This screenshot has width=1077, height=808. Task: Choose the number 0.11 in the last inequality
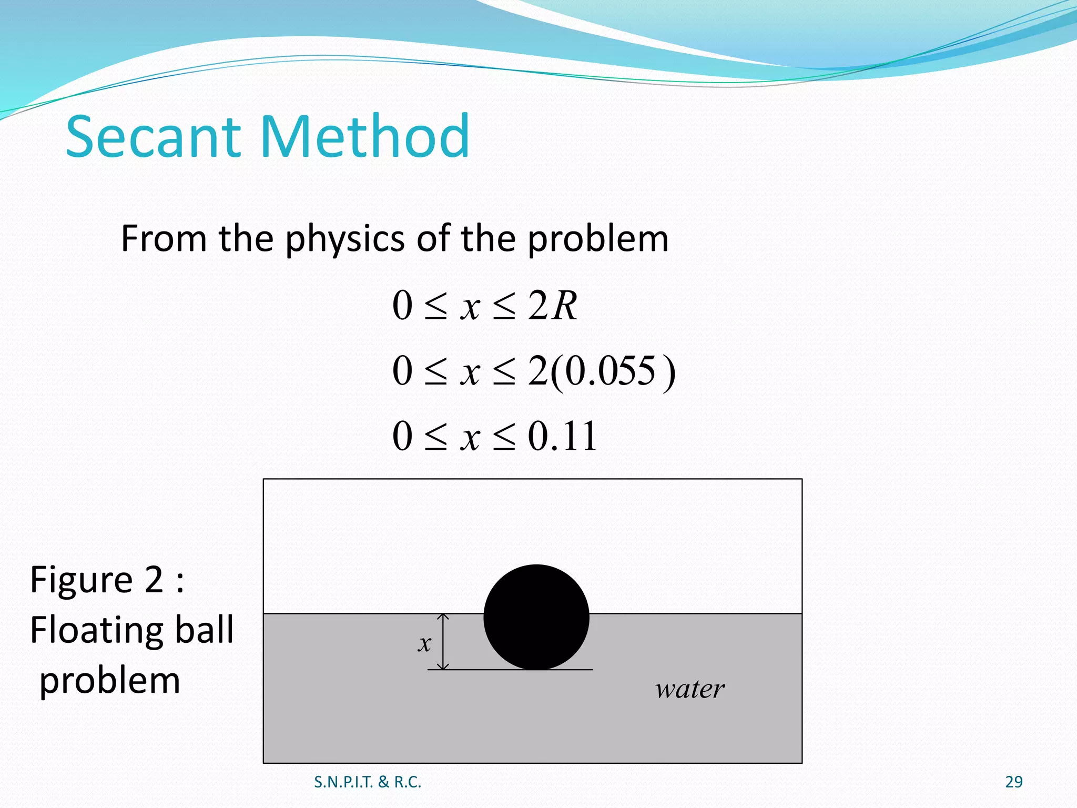coord(562,436)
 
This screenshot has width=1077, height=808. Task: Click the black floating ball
coord(536,617)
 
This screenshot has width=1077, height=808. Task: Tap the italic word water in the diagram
coord(689,689)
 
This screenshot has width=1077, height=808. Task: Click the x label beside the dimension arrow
coord(424,643)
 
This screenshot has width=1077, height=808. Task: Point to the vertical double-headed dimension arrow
coord(443,641)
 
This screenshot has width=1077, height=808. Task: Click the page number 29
coord(1013,782)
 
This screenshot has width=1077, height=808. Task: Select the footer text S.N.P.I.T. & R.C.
coord(368,782)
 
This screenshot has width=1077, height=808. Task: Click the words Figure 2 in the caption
coord(97,580)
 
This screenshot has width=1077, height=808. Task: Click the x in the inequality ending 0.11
coord(470,437)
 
